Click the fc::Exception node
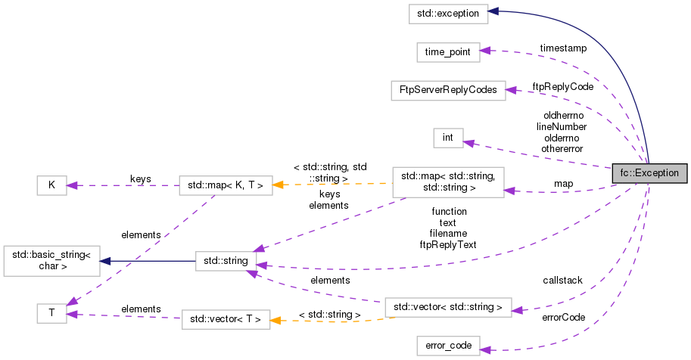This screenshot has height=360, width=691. [x=650, y=172]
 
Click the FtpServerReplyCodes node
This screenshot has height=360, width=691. [x=447, y=90]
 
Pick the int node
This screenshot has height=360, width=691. [x=448, y=138]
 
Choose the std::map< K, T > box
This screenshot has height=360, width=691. [x=225, y=185]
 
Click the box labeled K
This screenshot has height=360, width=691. [x=51, y=185]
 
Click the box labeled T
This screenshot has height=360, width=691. [x=51, y=313]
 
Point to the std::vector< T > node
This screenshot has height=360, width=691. [x=225, y=320]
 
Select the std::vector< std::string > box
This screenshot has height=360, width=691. [x=448, y=307]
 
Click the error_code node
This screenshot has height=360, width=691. [x=448, y=346]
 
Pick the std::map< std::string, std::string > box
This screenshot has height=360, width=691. [x=448, y=182]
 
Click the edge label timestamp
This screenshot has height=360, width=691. [x=562, y=48]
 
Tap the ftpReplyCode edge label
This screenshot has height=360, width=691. [x=562, y=86]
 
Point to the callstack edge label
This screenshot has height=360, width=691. [x=562, y=281]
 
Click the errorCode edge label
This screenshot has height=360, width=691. [x=563, y=318]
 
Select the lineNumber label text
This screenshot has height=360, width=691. [x=562, y=127]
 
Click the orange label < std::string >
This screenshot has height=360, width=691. [x=329, y=313]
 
